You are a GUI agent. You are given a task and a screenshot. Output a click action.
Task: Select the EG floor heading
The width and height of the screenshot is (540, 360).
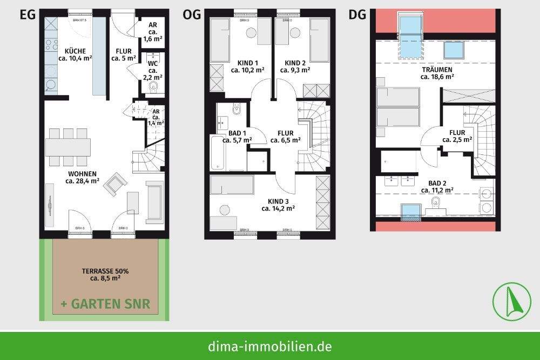[x=28, y=15]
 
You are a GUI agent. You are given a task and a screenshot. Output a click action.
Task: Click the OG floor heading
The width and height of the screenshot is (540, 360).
[x=191, y=15]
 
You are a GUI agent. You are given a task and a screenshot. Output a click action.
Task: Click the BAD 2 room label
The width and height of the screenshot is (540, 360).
[x=437, y=186]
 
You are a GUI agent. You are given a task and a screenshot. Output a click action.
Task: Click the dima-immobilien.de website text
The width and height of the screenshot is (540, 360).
[x=270, y=346]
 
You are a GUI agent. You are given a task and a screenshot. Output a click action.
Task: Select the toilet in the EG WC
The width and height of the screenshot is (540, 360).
[x=154, y=87]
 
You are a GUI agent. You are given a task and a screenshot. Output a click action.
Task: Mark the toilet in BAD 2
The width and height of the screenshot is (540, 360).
[x=435, y=202]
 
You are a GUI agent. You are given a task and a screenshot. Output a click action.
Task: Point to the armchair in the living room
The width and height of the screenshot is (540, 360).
[x=115, y=184]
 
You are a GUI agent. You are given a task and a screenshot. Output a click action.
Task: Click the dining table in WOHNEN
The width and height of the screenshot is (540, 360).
[x=67, y=147]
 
